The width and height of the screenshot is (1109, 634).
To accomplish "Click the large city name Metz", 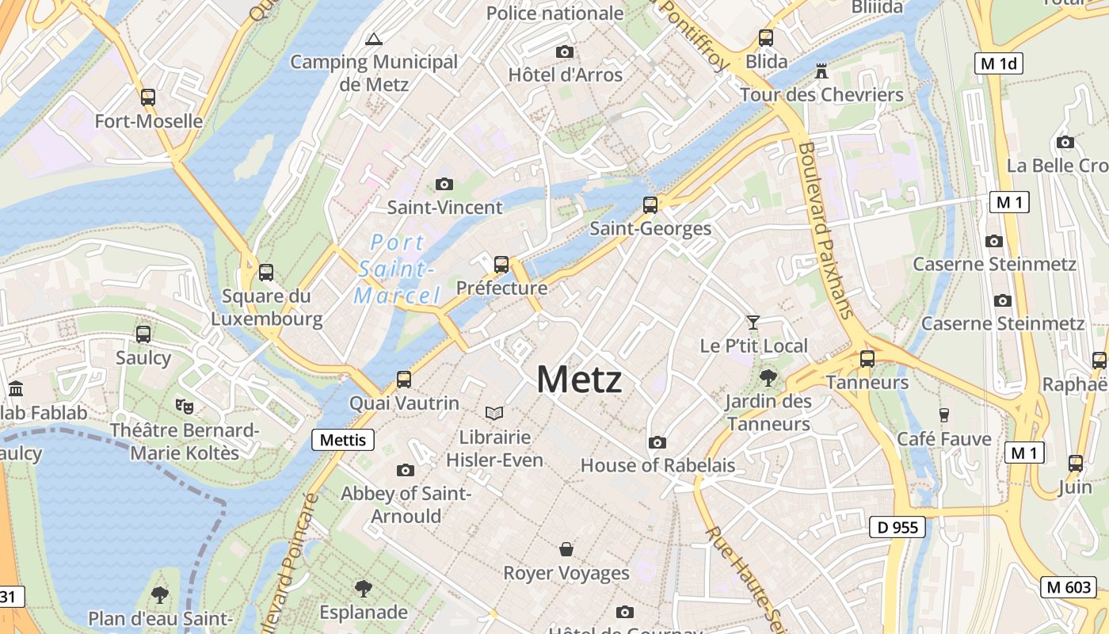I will click(579, 380).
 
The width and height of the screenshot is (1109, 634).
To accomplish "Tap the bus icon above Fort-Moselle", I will click(148, 97).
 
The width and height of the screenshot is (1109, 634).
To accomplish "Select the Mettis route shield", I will click(343, 440).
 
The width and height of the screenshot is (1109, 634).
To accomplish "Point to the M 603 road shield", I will click(1069, 587).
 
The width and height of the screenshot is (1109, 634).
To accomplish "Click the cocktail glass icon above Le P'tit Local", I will click(753, 323).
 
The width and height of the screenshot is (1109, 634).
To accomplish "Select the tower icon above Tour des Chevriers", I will click(821, 72).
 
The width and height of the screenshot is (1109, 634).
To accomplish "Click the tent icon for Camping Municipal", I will click(373, 38).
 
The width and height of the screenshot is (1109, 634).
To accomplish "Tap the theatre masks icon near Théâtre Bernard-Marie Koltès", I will click(185, 407).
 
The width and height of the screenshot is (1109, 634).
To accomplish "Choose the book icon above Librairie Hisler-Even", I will click(494, 413).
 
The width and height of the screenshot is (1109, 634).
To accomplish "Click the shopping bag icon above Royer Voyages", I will click(566, 549).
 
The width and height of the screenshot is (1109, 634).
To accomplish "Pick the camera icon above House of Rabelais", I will click(657, 442).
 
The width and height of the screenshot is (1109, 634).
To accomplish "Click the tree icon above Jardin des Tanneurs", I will click(768, 377).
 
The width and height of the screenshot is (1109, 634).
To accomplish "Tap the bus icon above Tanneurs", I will click(867, 358).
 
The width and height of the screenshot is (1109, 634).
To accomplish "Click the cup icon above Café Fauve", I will click(943, 414).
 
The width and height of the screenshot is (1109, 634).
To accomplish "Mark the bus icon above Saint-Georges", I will click(650, 205).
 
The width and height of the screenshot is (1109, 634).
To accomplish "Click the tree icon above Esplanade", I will click(364, 588).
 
